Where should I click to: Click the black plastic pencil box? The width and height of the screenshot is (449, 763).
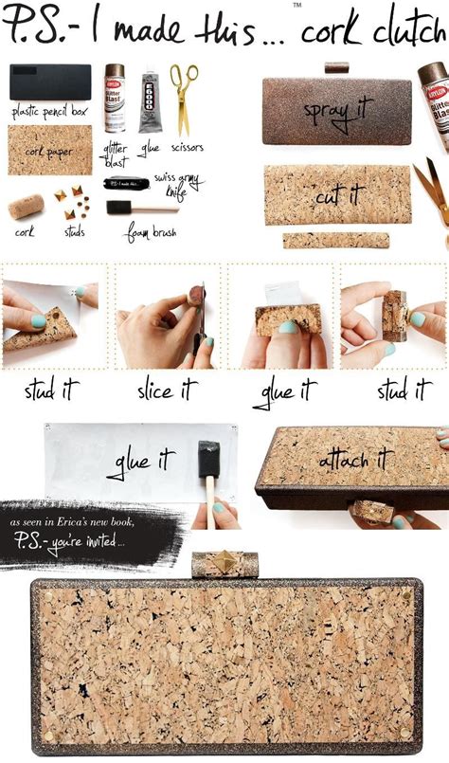(x=50, y=82)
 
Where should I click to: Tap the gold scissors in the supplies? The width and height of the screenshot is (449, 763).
(x=183, y=98)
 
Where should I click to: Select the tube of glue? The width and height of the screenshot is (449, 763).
(x=151, y=102)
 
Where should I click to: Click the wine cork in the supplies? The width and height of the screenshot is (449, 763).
(x=26, y=207)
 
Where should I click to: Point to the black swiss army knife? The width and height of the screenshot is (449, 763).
(x=125, y=182)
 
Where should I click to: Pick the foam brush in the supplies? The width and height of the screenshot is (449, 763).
(x=129, y=207)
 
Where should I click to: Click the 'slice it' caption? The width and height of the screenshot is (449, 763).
(x=167, y=390)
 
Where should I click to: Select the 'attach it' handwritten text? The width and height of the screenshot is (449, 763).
(x=355, y=459)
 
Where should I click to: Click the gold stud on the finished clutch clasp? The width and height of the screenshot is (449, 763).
(x=224, y=563)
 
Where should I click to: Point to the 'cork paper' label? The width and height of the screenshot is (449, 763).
(x=49, y=152)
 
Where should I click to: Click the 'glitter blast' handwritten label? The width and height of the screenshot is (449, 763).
(x=116, y=153)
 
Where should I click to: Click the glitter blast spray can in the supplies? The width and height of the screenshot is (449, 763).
(x=115, y=98)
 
